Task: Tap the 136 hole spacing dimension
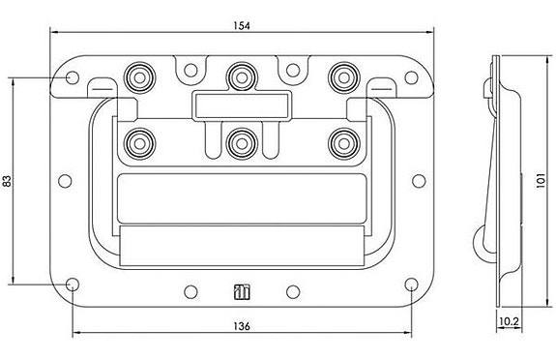243,327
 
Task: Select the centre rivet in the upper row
240,76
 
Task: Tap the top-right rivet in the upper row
340,76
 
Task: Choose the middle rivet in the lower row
240,142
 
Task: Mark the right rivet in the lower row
340,142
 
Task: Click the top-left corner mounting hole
73,77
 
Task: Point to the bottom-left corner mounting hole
73,285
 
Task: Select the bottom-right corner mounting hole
411,285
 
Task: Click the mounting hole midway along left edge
64,180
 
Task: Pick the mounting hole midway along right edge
419,180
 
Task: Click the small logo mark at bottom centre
242,289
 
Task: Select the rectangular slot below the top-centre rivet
241,104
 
